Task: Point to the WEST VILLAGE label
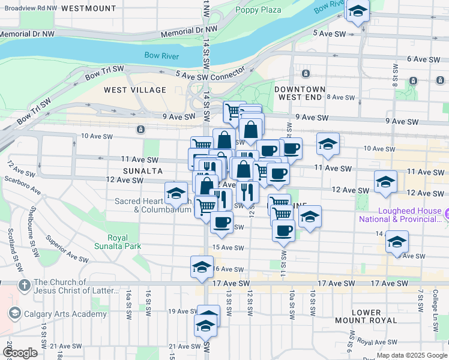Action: pos(134,90)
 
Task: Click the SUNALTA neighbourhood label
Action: pos(127,170)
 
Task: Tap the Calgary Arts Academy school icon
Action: pos(15,313)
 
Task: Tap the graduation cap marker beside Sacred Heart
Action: pos(176,193)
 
